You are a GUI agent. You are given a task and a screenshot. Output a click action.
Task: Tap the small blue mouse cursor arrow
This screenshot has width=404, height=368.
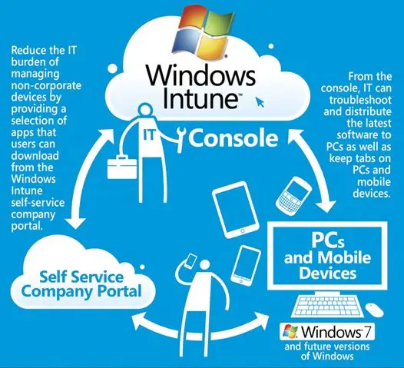click(x=260, y=102)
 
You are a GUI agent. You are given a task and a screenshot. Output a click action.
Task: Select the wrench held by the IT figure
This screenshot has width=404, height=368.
click(x=181, y=139)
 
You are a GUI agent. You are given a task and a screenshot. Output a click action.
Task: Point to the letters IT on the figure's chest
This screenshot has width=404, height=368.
click(x=149, y=134)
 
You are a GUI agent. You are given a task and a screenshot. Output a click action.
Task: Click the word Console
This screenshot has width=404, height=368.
click(x=233, y=138)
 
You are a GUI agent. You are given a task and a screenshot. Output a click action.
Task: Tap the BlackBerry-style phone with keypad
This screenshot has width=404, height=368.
click(x=293, y=196)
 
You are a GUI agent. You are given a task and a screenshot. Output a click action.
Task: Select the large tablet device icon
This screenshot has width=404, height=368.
click(x=235, y=209)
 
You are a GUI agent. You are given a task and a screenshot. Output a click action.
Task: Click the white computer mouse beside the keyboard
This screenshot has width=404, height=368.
click(x=375, y=310)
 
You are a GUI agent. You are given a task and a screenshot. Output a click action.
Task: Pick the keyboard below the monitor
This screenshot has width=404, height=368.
click(x=327, y=306)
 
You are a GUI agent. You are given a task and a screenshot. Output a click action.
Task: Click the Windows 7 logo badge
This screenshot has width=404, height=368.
click(x=327, y=332)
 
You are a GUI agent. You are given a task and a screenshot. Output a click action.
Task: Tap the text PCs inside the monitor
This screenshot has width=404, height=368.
click(x=328, y=240)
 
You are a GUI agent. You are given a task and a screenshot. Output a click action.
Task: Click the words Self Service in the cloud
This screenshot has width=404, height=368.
click(x=81, y=277)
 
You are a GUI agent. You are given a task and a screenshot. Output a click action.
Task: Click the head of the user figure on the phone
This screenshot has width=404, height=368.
click(x=204, y=265)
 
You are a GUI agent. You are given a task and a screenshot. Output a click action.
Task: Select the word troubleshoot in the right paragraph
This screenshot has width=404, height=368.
click(x=360, y=100)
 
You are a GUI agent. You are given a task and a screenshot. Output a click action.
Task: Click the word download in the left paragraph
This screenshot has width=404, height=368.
click(x=35, y=156)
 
